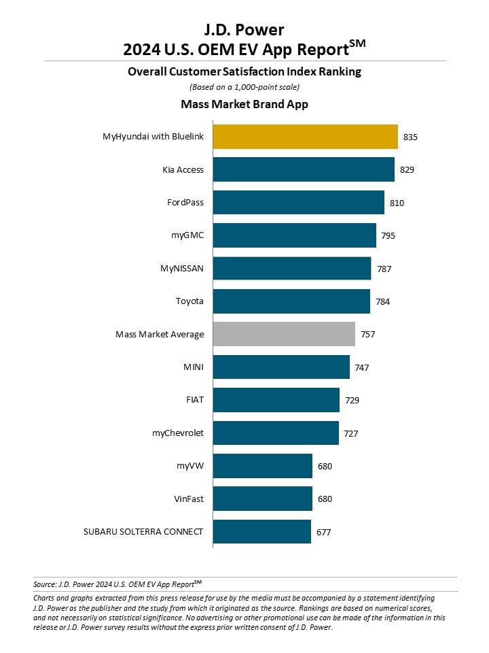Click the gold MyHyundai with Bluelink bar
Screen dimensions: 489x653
305,137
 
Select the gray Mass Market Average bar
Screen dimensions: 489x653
284,334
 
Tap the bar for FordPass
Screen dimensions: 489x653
299,203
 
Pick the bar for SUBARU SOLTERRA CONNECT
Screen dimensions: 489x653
262,531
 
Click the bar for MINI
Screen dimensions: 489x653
281,367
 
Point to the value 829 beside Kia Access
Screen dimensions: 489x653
407,169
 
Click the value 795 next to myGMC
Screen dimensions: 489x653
388,236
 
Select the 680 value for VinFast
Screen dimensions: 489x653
325,499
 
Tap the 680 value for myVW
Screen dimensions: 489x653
325,466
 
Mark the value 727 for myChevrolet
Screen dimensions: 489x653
351,433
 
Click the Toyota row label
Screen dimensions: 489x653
189,301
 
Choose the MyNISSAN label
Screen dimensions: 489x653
182,268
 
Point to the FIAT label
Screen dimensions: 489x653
195,400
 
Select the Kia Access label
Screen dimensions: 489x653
183,169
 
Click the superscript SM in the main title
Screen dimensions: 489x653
357,44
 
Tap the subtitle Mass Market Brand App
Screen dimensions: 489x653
244,104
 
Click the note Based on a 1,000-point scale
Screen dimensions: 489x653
244,87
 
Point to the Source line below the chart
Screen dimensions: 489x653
117,584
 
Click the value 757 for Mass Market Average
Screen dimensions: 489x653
368,335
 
